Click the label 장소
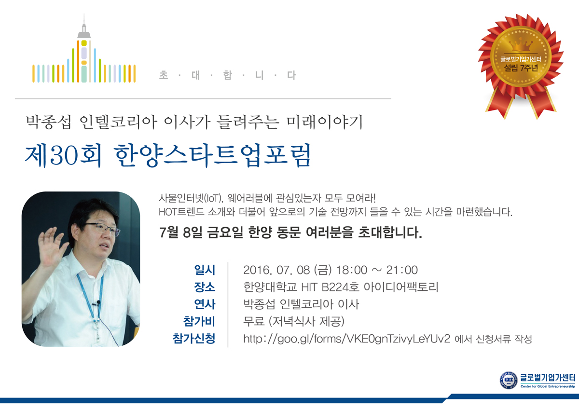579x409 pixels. pyautogui.click(x=205, y=287)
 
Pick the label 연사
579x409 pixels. pyautogui.click(x=205, y=305)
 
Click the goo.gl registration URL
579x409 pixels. pyautogui.click(x=347, y=339)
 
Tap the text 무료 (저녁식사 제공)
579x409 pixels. pyautogui.click(x=294, y=322)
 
